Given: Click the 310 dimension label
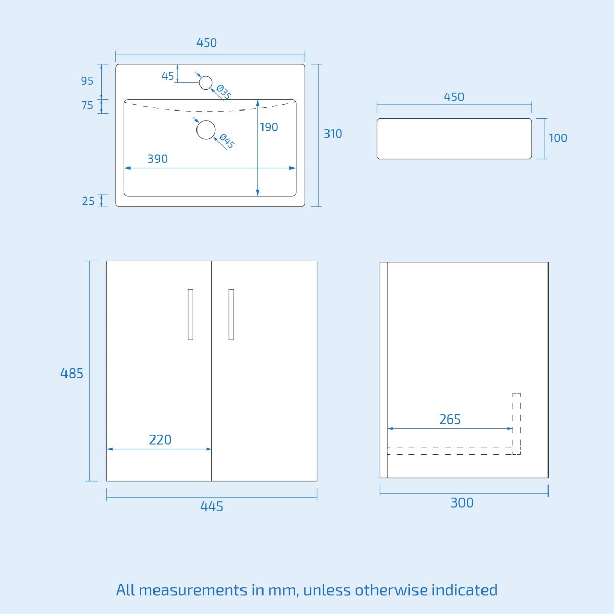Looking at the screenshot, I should pyautogui.click(x=333, y=134).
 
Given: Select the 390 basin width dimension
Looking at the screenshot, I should pyautogui.click(x=158, y=159).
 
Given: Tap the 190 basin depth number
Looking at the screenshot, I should pyautogui.click(x=269, y=127).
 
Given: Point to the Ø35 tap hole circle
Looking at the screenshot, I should pyautogui.click(x=206, y=82).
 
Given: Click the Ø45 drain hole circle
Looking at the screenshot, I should pyautogui.click(x=206, y=130).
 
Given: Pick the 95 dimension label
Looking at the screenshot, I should pyautogui.click(x=87, y=81).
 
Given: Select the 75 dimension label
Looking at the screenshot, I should pyautogui.click(x=87, y=106).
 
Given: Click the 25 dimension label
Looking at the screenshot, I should pyautogui.click(x=88, y=201).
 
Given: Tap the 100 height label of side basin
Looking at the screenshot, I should pyautogui.click(x=558, y=138).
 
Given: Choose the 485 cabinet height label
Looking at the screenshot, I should pyautogui.click(x=72, y=374).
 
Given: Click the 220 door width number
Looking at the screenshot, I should pyautogui.click(x=160, y=440).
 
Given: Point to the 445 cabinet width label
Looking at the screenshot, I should pyautogui.click(x=211, y=507).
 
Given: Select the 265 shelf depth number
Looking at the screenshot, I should pyautogui.click(x=450, y=420).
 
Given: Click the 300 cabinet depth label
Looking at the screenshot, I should pyautogui.click(x=462, y=503).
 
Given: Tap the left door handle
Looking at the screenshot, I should pyautogui.click(x=190, y=314).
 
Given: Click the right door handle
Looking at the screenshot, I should pyautogui.click(x=231, y=314).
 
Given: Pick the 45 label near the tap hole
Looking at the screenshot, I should pyautogui.click(x=168, y=76).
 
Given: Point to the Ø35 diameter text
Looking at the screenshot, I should pyautogui.click(x=224, y=92).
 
